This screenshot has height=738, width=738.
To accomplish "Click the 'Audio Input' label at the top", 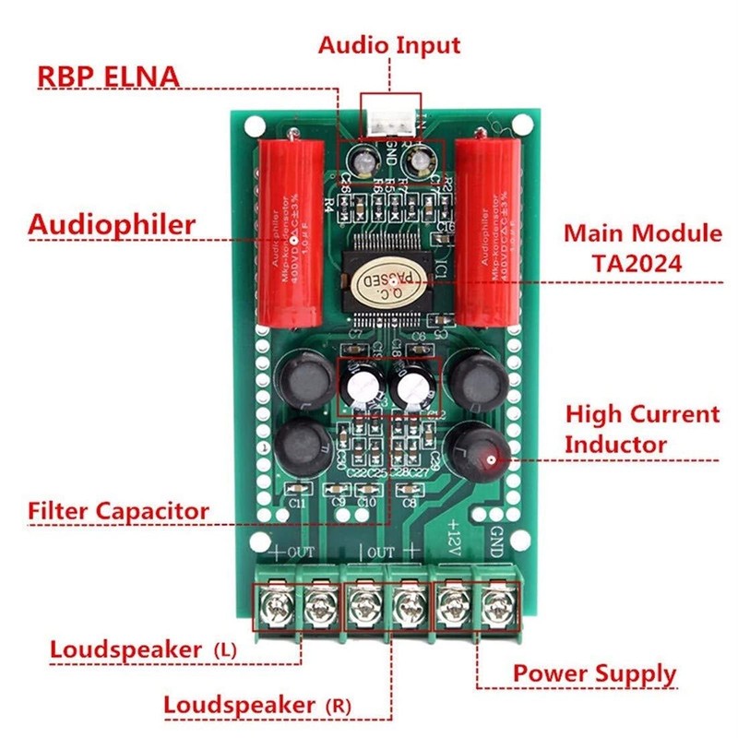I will [x=389, y=44].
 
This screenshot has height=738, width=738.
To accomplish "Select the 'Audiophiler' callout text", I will [x=112, y=224].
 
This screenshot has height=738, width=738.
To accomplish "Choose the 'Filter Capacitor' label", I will [x=118, y=510].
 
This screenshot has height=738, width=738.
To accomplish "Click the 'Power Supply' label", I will [x=594, y=673].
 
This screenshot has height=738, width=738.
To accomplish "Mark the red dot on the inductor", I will [x=492, y=458].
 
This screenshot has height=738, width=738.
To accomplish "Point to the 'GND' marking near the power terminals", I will [x=497, y=538].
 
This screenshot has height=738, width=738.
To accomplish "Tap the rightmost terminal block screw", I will [x=496, y=606].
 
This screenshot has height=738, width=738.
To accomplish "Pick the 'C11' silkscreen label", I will [x=297, y=505].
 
